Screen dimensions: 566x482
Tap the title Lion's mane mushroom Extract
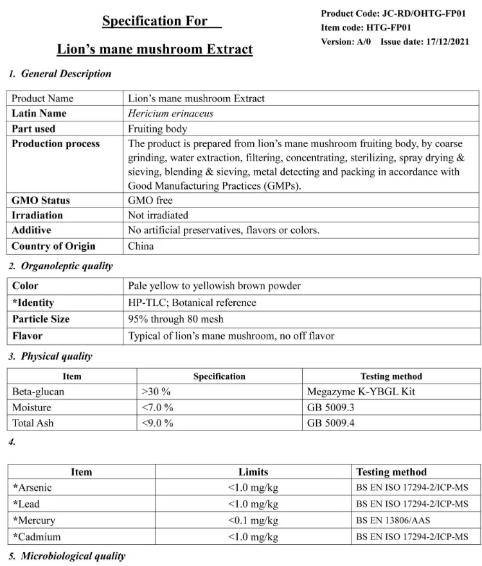pyautogui.click(x=155, y=49)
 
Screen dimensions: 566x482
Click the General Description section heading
pyautogui.click(x=66, y=74)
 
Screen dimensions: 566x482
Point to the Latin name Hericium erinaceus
pyautogui.click(x=170, y=114)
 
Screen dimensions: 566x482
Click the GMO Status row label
pyautogui.click(x=40, y=200)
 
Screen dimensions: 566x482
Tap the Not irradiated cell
pyautogui.click(x=158, y=215)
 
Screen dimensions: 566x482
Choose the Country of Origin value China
pyautogui.click(x=141, y=246)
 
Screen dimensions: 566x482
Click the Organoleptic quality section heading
pyautogui.click(x=66, y=266)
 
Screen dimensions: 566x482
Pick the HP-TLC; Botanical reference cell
pyautogui.click(x=192, y=303)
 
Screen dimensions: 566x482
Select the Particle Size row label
pyautogui.click(x=40, y=319)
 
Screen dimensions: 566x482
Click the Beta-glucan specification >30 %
pyautogui.click(x=156, y=391)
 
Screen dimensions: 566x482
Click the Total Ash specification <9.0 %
pyautogui.click(x=157, y=423)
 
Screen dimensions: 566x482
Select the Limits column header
pyautogui.click(x=253, y=472)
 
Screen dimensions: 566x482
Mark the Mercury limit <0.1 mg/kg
pyautogui.click(x=253, y=520)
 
